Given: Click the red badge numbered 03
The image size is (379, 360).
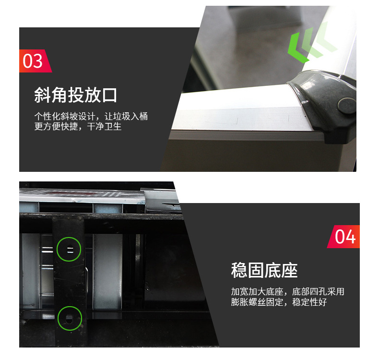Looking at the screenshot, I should point(34,61).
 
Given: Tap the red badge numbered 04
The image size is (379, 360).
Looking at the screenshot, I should point(344,236).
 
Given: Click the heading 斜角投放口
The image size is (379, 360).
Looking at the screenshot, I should point(75,95).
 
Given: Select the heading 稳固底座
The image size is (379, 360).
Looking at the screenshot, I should point(264,270).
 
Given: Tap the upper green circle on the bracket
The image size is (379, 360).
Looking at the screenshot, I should point(69,249).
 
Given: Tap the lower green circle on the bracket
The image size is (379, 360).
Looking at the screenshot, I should point(70,318).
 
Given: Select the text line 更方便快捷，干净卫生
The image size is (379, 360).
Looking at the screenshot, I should point(78,127).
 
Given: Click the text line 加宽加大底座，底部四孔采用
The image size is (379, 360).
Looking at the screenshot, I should point(287,292).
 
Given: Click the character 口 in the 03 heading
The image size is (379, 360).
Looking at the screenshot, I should point(110,95).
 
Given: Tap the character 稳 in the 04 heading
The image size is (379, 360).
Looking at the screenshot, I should point(239,270).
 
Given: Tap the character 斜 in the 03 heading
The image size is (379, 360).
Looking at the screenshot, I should point(42,95).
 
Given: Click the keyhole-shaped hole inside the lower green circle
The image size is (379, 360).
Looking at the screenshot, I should point(70,318).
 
